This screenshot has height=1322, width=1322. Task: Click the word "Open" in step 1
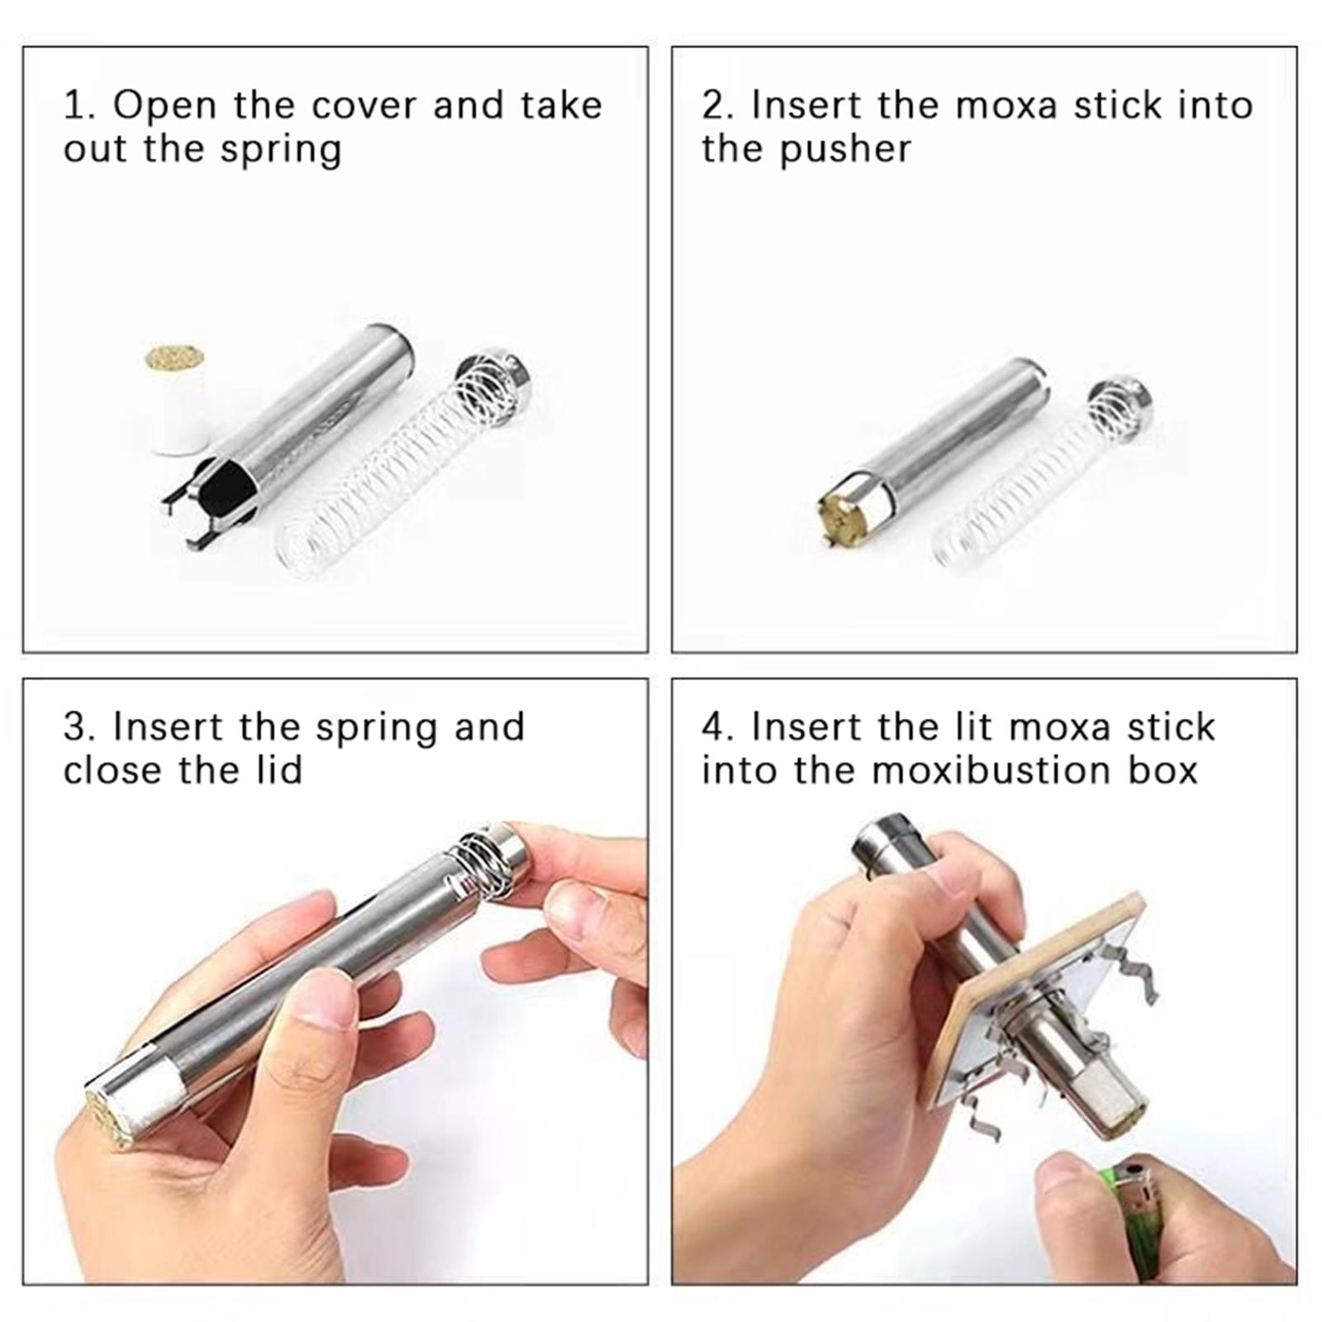click(x=165, y=106)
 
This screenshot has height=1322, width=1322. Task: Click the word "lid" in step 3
click(x=277, y=770)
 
